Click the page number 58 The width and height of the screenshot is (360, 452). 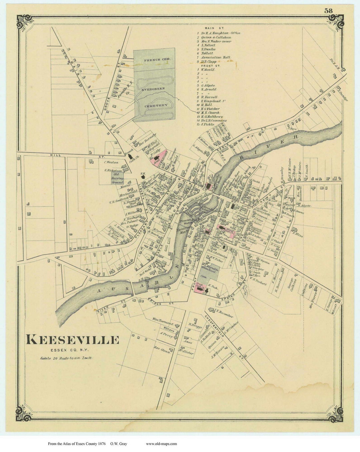point(328,11)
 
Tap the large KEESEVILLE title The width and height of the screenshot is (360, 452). point(72,340)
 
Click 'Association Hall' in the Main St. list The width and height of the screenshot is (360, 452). point(215,57)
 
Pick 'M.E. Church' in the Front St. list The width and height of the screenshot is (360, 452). point(210,113)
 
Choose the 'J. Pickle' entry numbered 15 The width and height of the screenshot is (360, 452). point(207,125)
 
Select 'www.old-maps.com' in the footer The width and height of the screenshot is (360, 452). point(161,443)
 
